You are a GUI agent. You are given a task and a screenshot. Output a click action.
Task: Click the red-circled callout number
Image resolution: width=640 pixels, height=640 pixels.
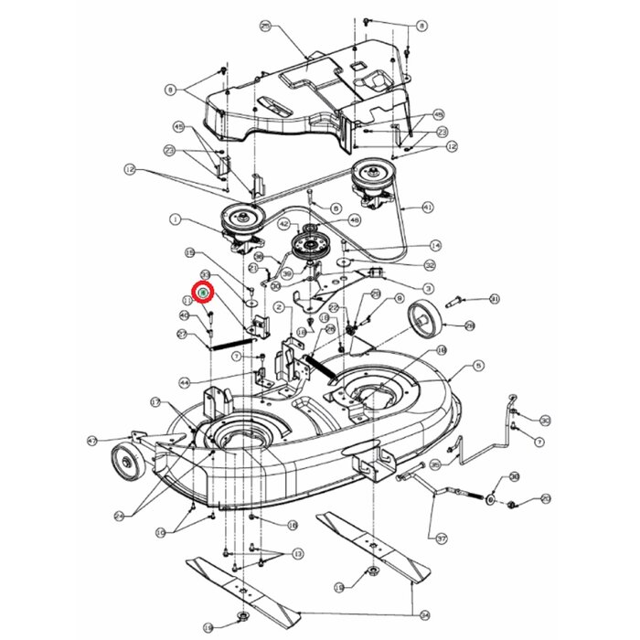(x=204, y=293)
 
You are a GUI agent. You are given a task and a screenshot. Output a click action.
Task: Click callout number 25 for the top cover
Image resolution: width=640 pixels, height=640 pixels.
(x=266, y=27)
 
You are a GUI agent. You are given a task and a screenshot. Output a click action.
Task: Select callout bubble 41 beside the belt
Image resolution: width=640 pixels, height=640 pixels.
(x=428, y=208)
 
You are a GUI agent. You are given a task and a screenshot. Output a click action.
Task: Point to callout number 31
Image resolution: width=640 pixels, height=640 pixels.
(x=495, y=299)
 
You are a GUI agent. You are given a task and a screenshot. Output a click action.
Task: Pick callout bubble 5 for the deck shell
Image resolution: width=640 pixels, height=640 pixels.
(x=479, y=367)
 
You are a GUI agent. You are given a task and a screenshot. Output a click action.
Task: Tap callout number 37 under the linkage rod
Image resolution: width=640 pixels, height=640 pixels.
(x=442, y=539)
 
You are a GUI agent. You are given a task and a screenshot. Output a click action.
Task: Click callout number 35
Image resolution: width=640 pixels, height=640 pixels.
(x=435, y=465)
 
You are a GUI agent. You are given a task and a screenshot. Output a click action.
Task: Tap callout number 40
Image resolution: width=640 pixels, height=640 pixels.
(x=184, y=315)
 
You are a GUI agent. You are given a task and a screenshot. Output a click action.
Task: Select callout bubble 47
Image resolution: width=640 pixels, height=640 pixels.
(x=92, y=441)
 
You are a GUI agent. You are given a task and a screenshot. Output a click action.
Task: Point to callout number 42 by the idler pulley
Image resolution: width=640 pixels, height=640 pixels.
(x=284, y=224)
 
